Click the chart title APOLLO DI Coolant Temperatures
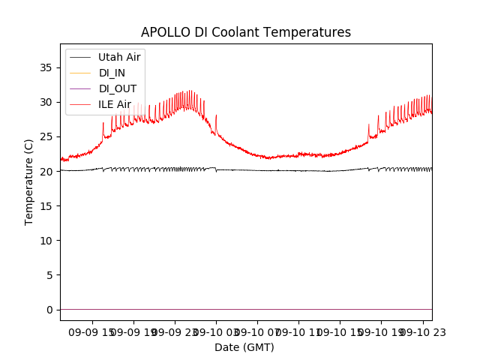pyautogui.click(x=246, y=32)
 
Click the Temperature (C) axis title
pyautogui.click(x=29, y=182)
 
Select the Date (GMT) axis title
pyautogui.click(x=244, y=347)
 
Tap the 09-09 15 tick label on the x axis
pyautogui.click(x=92, y=331)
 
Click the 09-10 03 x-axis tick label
pyautogui.click(x=216, y=331)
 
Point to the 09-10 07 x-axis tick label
pyautogui.click(x=257, y=331)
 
